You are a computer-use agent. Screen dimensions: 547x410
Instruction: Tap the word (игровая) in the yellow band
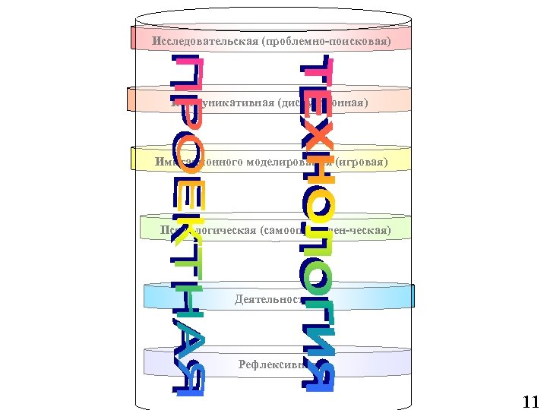click(362, 162)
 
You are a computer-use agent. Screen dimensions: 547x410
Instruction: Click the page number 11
click(530, 402)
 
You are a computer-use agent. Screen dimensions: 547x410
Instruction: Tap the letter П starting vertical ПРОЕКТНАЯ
click(186, 72)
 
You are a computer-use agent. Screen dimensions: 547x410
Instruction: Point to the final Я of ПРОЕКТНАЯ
click(186, 379)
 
